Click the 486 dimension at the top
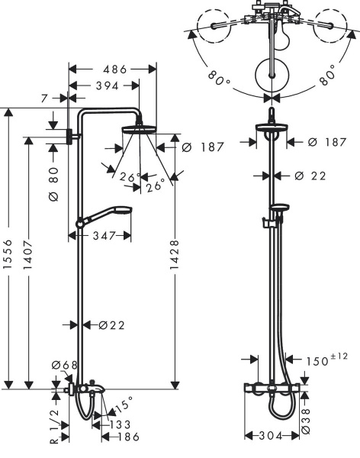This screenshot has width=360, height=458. [114, 69]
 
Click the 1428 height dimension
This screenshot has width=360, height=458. [175, 260]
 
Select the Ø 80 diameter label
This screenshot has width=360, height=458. [53, 186]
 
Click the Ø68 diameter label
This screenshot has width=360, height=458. [66, 366]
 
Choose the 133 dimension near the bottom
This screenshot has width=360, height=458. [118, 424]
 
